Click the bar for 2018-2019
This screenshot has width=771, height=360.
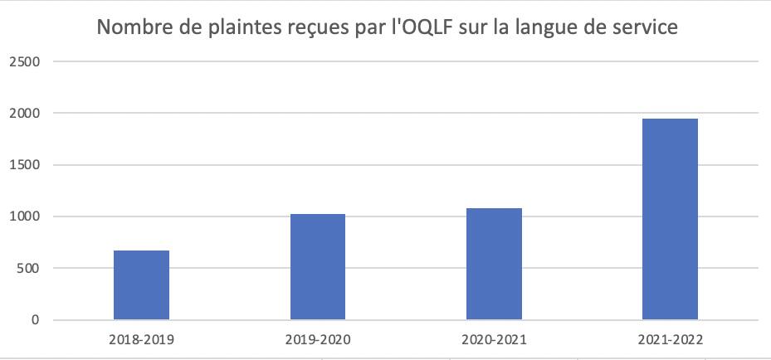(141, 285)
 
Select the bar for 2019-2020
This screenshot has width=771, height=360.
(318, 266)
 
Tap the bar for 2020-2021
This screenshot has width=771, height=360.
(494, 264)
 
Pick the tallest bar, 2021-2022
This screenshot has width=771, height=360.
(670, 219)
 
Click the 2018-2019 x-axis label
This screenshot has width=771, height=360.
(141, 340)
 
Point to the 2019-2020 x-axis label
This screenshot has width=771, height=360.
(318, 340)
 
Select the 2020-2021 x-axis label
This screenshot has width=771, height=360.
(494, 340)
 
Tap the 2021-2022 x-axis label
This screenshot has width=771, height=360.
(670, 340)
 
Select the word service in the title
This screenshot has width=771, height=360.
(644, 27)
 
